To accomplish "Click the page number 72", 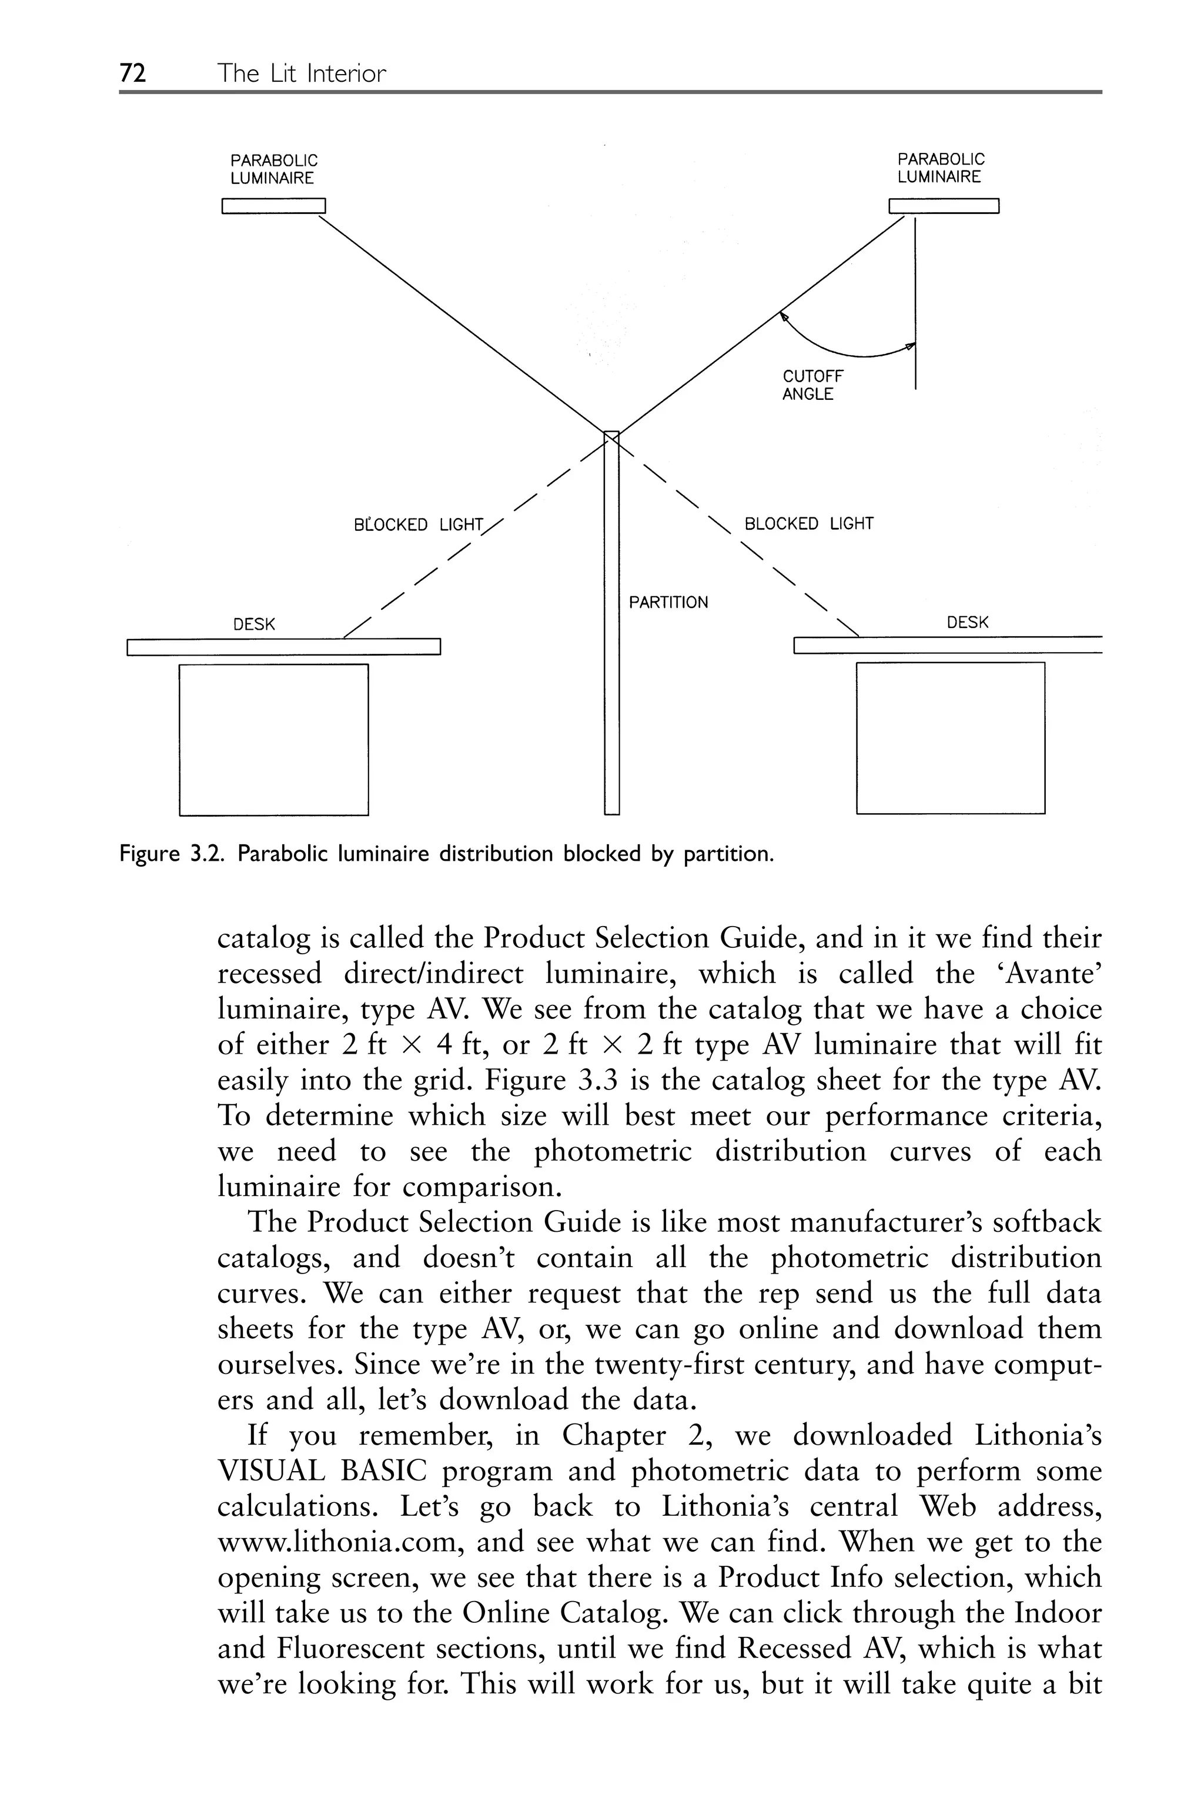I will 133,73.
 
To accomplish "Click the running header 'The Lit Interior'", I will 301,73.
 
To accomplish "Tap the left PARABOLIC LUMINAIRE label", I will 273,169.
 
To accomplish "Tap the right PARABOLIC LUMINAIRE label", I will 940,168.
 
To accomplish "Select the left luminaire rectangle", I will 273,206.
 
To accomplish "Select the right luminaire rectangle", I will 943,206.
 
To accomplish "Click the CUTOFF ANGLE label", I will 812,385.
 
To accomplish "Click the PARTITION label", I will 668,602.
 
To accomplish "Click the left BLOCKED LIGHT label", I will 418,525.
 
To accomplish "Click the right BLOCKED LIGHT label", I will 808,524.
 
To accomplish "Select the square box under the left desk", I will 273,738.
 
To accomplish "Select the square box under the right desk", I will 950,737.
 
